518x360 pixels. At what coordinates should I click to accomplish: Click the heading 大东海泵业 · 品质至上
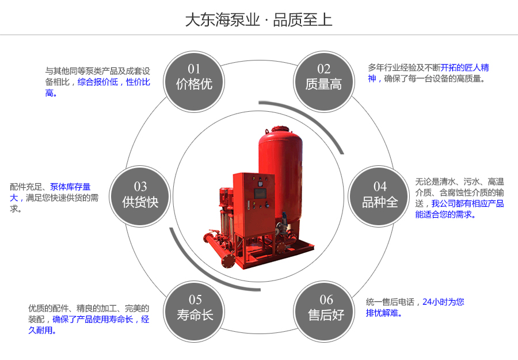click(x=258, y=20)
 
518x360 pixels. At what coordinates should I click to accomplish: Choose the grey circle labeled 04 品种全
click(x=379, y=195)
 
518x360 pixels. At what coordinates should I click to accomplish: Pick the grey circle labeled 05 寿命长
click(x=195, y=308)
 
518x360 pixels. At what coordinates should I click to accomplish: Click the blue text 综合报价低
click(x=98, y=82)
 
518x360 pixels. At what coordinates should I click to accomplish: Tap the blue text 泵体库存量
click(x=70, y=187)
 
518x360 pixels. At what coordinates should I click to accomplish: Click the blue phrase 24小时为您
click(x=443, y=301)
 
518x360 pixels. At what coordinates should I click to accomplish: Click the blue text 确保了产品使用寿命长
click(x=93, y=319)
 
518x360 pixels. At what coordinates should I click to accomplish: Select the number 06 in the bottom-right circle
click(x=326, y=300)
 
